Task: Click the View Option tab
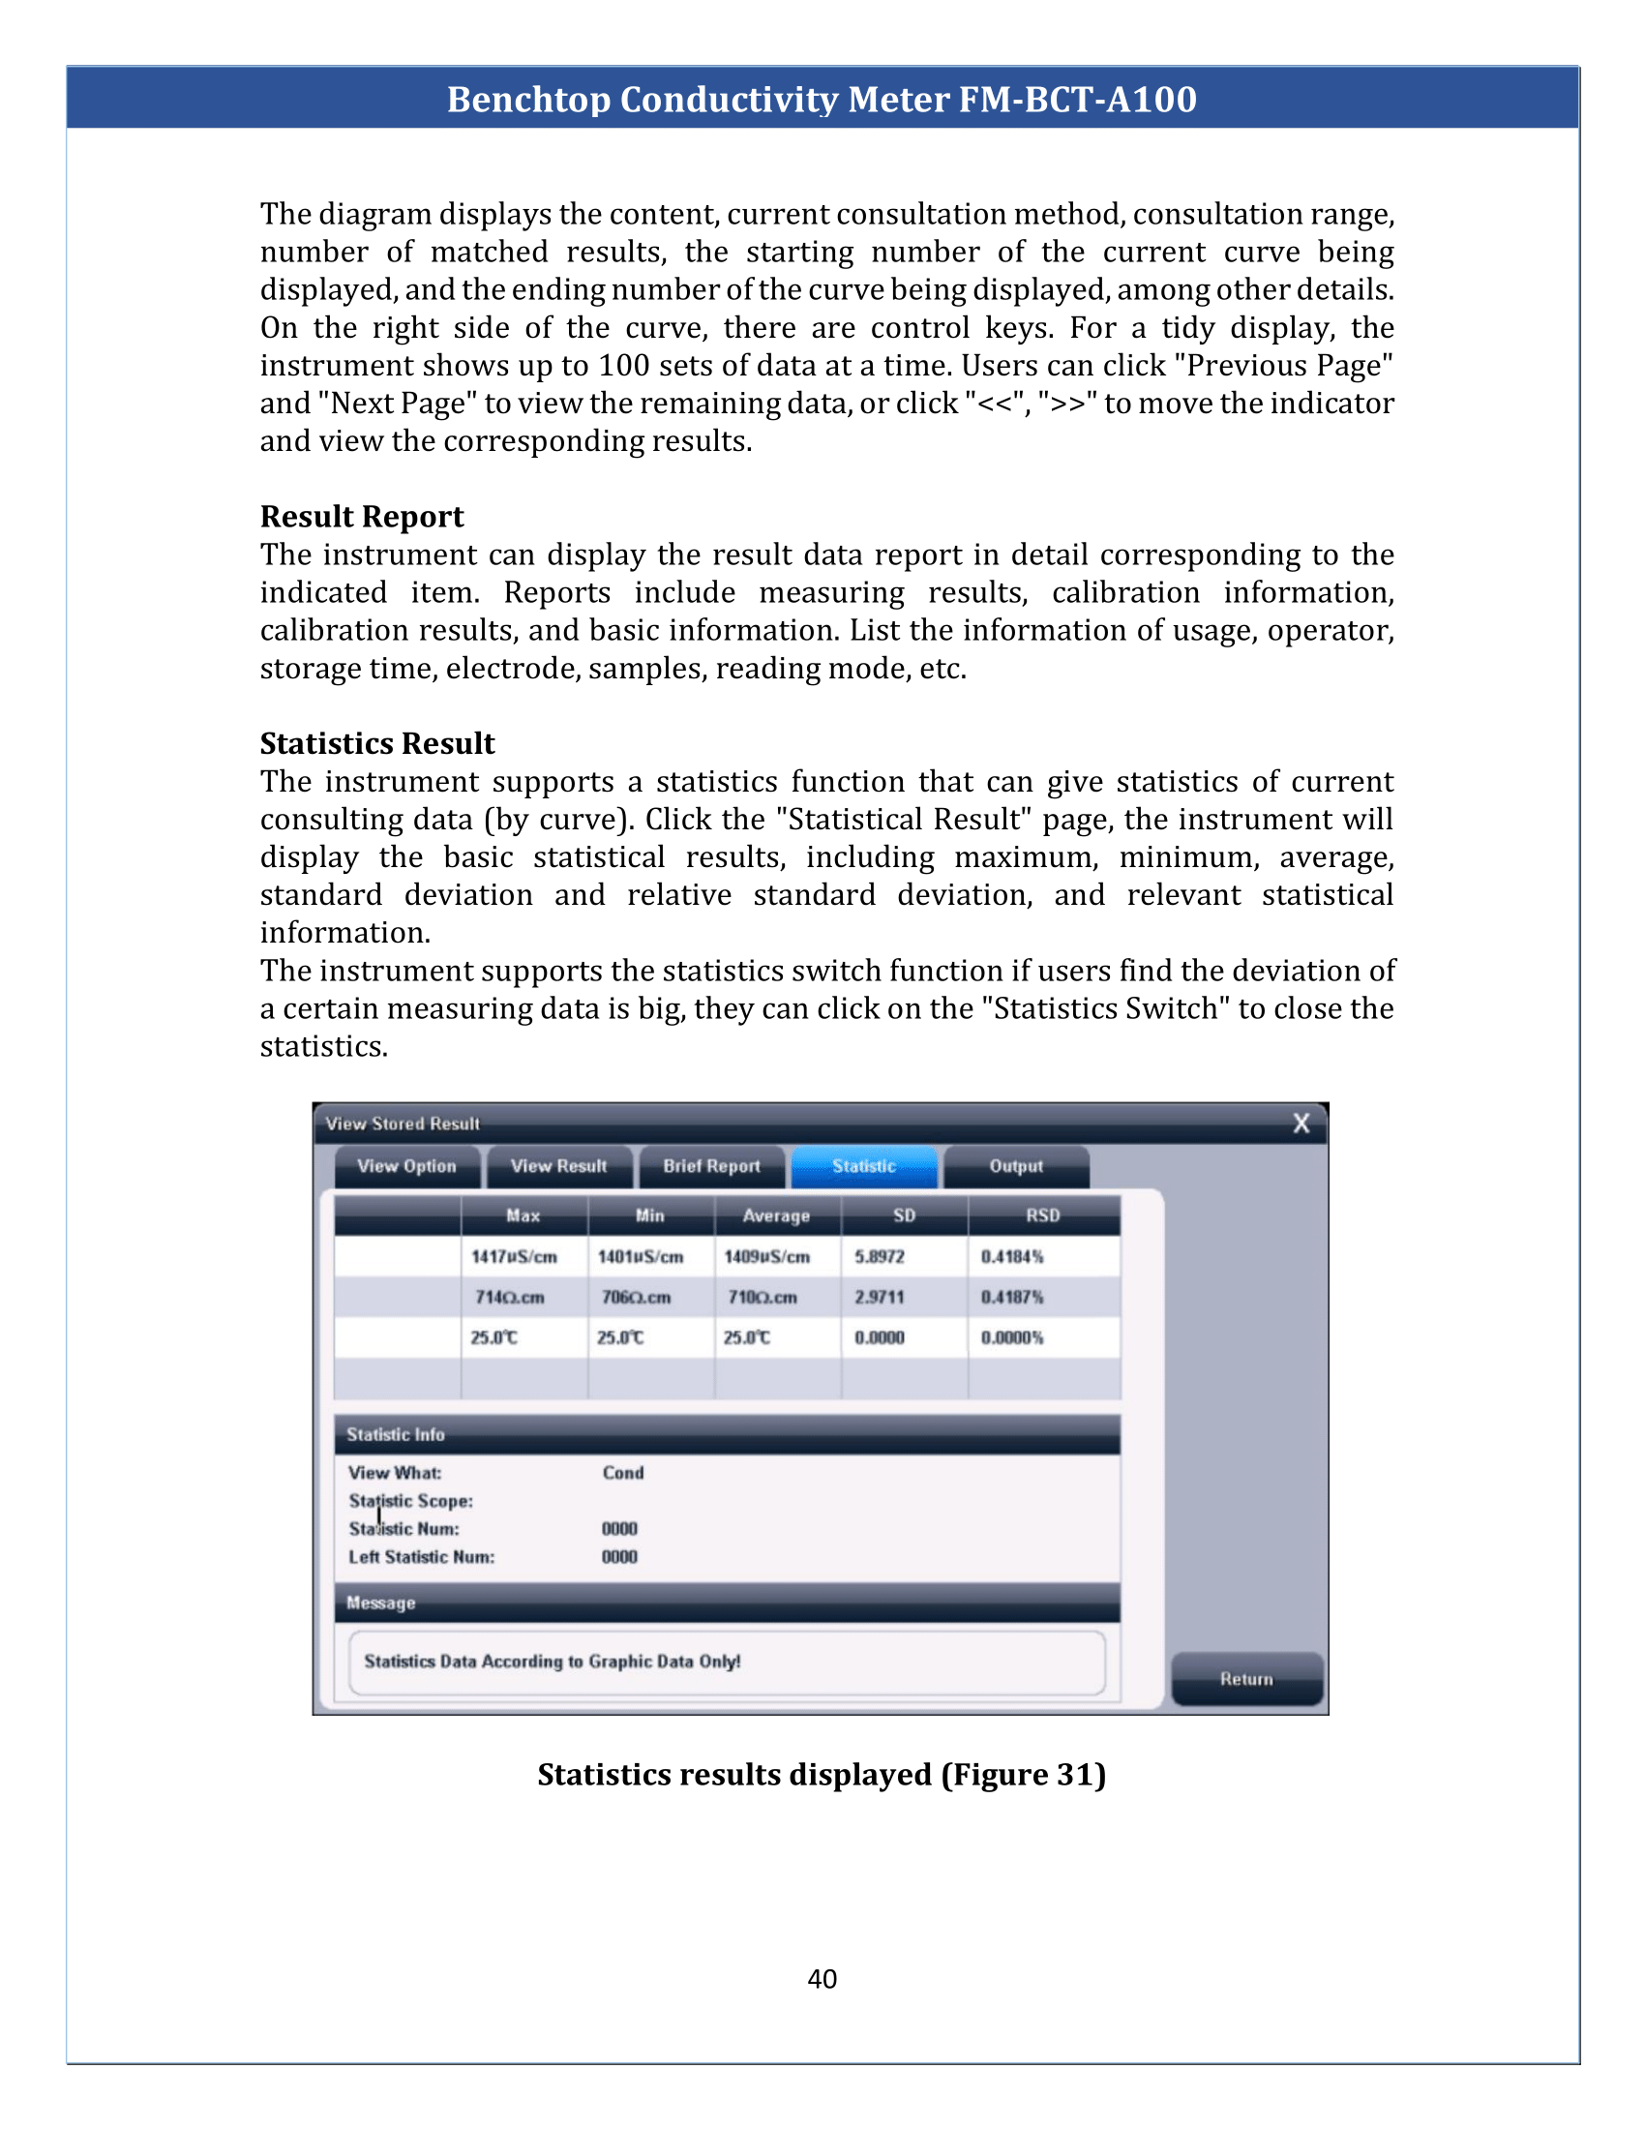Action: (x=406, y=1166)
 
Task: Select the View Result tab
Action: (x=558, y=1166)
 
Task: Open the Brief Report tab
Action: (x=711, y=1166)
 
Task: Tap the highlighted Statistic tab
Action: (x=863, y=1166)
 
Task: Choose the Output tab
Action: (x=1015, y=1166)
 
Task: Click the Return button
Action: (x=1246, y=1679)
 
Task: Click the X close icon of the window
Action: (x=1301, y=1123)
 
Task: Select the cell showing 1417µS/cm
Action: (x=515, y=1256)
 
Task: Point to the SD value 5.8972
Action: (x=879, y=1256)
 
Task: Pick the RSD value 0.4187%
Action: (x=1011, y=1298)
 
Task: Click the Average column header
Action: (x=776, y=1215)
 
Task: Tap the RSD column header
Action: (x=1042, y=1215)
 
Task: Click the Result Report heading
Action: (x=362, y=517)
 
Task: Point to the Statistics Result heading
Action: (x=377, y=744)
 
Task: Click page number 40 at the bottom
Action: (x=822, y=1979)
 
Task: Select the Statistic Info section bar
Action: (x=726, y=1434)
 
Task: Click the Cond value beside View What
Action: (x=623, y=1473)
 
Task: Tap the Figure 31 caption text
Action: (x=822, y=1774)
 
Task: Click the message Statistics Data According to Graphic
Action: (x=552, y=1661)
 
